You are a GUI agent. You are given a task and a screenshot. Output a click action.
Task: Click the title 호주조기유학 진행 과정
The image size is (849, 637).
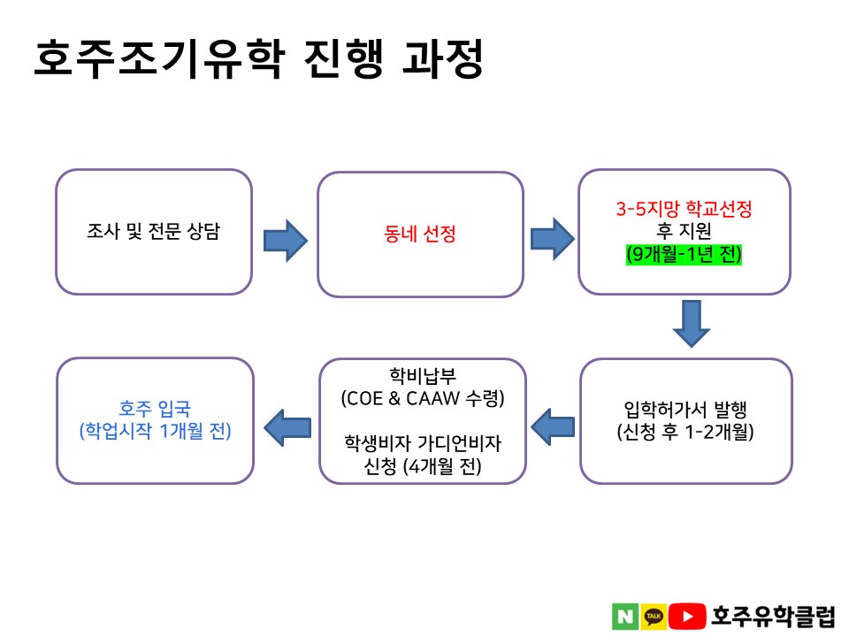point(258,58)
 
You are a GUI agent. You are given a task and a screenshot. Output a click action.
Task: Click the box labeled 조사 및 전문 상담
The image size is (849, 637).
point(154,232)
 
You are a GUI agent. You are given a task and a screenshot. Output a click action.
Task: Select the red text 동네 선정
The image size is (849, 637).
point(419,234)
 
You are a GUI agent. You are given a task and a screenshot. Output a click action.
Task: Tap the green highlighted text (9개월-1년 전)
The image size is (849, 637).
point(684,254)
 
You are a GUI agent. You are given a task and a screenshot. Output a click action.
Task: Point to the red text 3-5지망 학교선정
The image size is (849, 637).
point(684,209)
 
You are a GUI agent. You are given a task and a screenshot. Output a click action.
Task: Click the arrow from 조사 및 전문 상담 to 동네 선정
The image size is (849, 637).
point(286,241)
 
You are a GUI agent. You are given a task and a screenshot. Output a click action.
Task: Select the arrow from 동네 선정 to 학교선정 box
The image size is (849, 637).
point(552,239)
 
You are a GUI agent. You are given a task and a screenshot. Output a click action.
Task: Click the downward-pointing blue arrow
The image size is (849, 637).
point(692,324)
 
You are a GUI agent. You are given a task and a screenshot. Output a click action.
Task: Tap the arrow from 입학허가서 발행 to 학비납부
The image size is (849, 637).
point(553,426)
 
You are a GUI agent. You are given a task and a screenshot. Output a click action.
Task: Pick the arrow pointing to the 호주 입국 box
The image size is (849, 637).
point(287,427)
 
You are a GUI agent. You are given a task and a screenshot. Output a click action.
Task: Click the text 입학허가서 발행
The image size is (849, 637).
point(685,410)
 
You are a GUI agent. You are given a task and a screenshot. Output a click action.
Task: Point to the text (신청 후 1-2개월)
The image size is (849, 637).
point(685,432)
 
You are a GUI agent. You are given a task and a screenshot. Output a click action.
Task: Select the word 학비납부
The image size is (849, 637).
point(423,375)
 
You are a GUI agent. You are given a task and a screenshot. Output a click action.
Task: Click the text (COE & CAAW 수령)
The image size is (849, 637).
point(423,399)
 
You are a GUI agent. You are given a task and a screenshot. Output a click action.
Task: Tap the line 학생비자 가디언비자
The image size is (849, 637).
point(423,443)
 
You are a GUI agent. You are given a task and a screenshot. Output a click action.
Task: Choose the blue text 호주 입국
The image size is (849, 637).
point(155,409)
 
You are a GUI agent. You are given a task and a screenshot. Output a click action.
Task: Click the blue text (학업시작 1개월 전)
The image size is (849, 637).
point(155,431)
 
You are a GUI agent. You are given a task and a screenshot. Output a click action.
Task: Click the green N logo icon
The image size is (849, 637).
point(625,617)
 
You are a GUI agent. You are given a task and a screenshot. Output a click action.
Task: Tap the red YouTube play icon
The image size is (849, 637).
point(687,617)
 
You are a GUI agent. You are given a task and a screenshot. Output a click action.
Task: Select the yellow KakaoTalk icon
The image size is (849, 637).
point(654,617)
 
